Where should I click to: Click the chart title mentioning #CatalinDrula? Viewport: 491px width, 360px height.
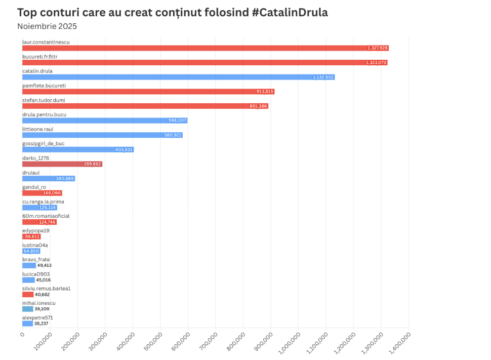pos(172,13)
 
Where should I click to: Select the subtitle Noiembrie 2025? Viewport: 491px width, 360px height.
pos(47,26)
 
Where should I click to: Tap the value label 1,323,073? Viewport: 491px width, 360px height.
pos(376,63)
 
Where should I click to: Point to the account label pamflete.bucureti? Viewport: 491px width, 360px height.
pos(44,86)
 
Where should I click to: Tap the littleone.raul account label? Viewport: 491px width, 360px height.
pos(38,129)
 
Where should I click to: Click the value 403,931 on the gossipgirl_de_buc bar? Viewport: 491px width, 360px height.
pos(122,150)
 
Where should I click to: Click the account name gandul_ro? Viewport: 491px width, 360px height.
pos(34,187)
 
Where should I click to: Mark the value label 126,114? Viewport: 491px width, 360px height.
pos(48,208)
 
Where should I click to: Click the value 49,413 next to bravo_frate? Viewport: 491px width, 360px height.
pos(44,265)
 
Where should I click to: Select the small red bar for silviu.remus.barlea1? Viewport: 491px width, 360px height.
pos(28,294)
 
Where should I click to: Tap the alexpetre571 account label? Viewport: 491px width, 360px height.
pos(37,318)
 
